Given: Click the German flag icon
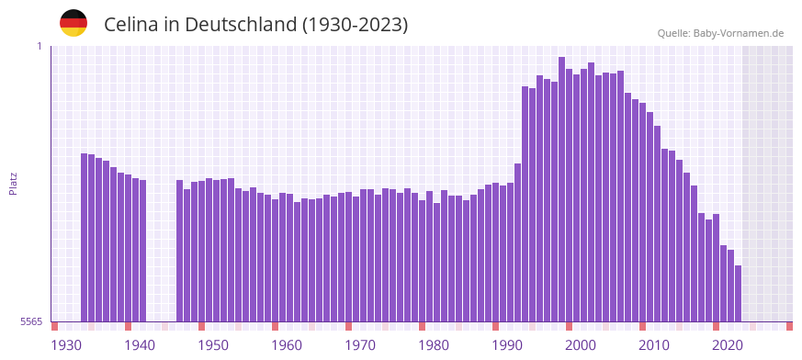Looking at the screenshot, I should point(73,24).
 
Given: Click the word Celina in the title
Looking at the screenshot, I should point(131,25).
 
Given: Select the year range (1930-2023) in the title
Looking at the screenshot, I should point(356,25).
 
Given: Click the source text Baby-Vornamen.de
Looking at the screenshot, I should point(739,33).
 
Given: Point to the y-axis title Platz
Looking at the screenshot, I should point(13,183).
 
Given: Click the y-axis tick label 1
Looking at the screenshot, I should point(40,46).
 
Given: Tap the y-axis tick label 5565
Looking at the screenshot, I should point(30,321).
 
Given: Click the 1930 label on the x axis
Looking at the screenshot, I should point(66,345).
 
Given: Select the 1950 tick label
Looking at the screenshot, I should point(213,345).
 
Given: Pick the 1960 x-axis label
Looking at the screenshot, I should point(287,345).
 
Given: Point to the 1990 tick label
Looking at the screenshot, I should point(507,345).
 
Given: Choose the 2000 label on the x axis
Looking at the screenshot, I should point(581,345).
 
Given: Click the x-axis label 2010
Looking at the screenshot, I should point(654,345).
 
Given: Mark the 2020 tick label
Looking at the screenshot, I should point(728,345).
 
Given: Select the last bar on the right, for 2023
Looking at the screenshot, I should point(738,293).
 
